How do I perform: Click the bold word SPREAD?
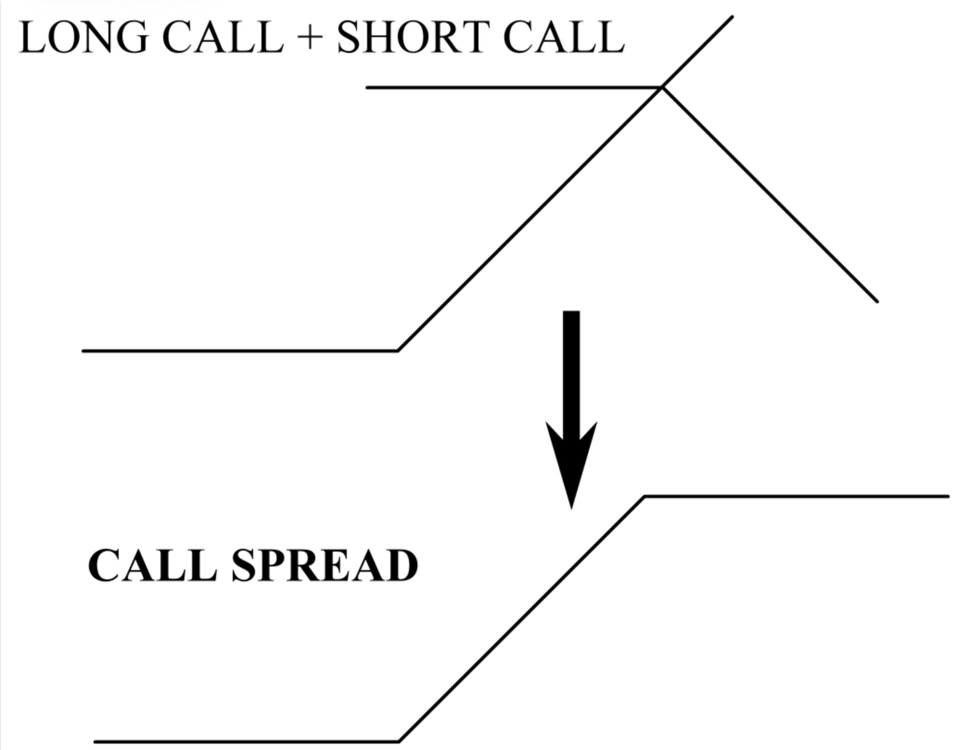click(325, 566)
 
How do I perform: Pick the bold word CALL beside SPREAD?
click(153, 566)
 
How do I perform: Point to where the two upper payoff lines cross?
click(662, 87)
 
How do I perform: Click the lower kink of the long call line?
click(398, 351)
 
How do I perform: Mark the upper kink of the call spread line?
click(645, 496)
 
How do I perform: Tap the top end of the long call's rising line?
click(732, 17)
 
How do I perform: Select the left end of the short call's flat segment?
click(368, 87)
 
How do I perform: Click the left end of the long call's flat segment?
click(83, 351)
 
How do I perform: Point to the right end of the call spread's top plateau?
click(948, 496)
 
